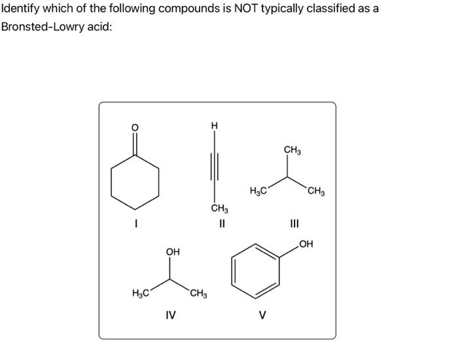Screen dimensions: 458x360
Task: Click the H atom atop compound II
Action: pos(213,126)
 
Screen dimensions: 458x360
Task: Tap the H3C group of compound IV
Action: pos(139,293)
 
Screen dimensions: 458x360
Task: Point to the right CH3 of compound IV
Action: pos(198,293)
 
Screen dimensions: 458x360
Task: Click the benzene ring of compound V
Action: pos(255,269)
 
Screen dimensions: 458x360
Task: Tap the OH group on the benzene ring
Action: pos(305,245)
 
